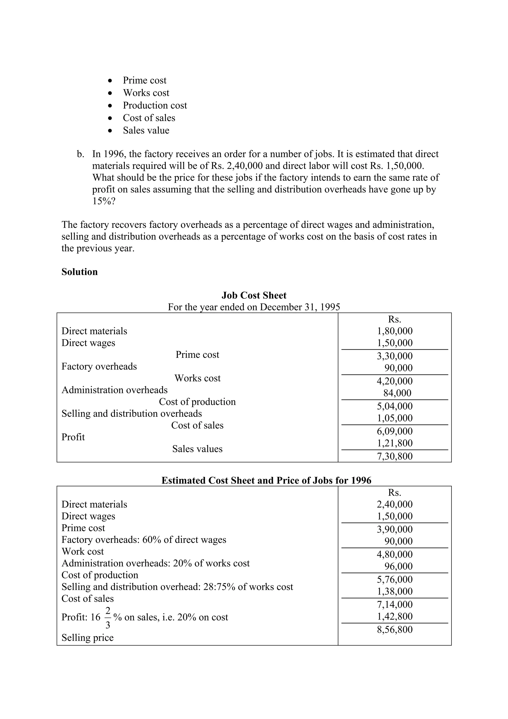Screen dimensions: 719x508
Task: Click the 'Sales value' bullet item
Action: [x=146, y=130]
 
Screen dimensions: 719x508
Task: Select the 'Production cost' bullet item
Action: [x=155, y=105]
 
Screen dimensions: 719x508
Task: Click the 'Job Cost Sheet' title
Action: [x=254, y=295]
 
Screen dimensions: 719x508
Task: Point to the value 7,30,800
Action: [x=394, y=456]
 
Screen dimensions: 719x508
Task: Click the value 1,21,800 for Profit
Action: [x=394, y=443]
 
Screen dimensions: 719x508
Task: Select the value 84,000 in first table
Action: [x=397, y=393]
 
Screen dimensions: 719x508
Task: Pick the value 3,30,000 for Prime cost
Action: [x=394, y=356]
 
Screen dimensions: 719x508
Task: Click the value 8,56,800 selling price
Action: [x=394, y=629]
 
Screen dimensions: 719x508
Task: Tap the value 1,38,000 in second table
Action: [x=394, y=591]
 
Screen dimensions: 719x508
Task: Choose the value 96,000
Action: [x=398, y=566]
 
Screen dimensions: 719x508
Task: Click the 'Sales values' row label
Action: [x=197, y=449]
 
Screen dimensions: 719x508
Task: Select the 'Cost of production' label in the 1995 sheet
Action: [x=197, y=401]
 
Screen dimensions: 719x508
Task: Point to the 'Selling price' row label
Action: [x=87, y=637]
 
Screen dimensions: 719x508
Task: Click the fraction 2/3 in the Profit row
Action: [x=108, y=617]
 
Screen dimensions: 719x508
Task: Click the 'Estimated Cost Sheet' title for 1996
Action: [x=266, y=480]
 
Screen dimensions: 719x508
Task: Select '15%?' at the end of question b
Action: [x=104, y=201]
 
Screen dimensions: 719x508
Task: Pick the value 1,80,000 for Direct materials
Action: [x=394, y=331]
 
